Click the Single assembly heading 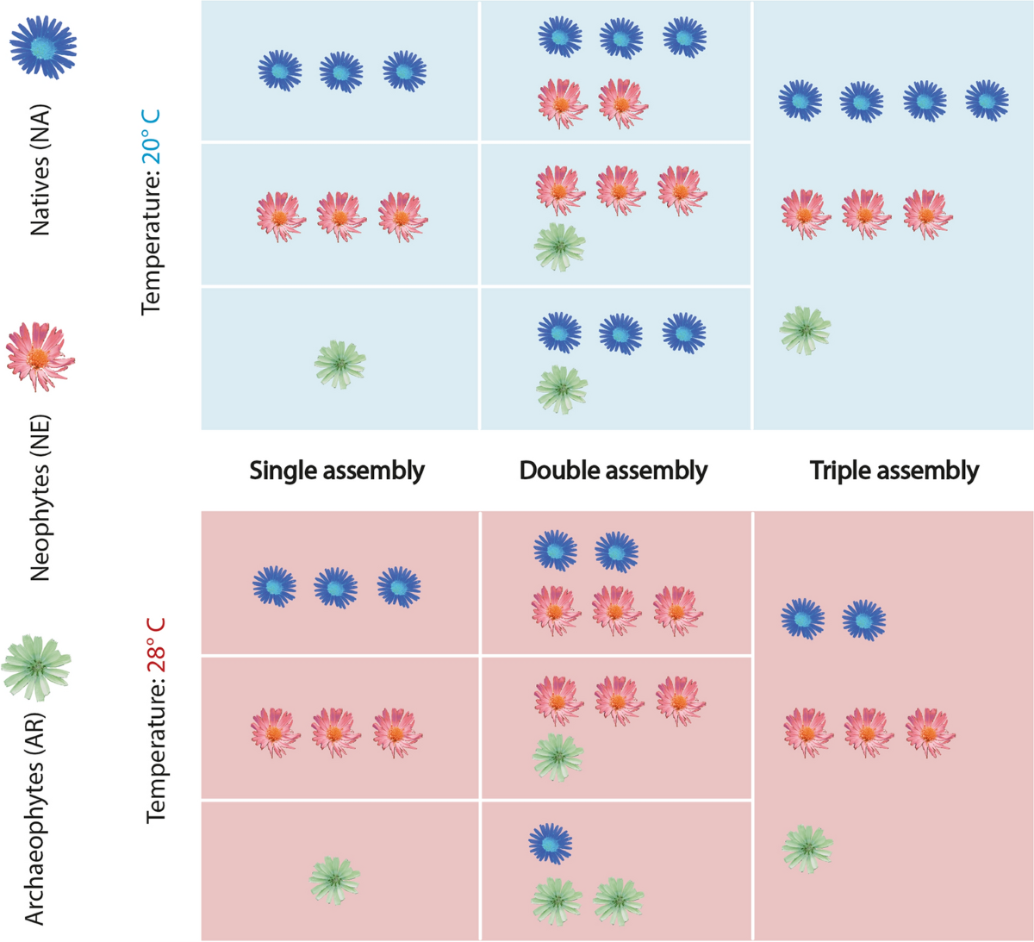click(x=337, y=471)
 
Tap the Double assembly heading click(x=614, y=471)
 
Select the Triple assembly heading click(x=894, y=471)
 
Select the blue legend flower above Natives click(x=43, y=46)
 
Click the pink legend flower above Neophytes click(x=40, y=355)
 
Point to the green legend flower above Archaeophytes click(x=35, y=667)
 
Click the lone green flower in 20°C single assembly click(x=340, y=364)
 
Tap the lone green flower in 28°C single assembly click(x=335, y=880)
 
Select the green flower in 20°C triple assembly click(x=806, y=329)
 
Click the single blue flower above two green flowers click(x=551, y=843)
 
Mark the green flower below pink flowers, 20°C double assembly click(x=560, y=246)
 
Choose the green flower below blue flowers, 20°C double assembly click(x=562, y=389)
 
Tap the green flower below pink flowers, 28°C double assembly click(x=557, y=757)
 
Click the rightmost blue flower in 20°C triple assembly click(x=987, y=100)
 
